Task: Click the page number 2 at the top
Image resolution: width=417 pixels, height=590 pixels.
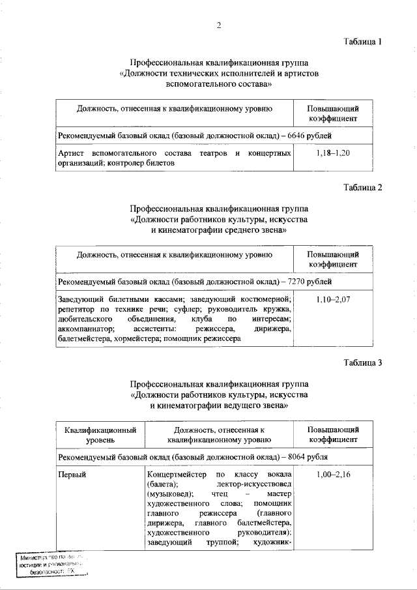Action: click(x=220, y=25)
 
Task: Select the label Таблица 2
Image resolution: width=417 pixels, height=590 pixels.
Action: click(x=362, y=188)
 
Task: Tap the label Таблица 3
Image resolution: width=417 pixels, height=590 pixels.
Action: click(x=362, y=362)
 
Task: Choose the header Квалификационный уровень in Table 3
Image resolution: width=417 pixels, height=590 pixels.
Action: click(x=100, y=435)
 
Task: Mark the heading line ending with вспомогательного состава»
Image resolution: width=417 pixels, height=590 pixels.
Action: click(x=219, y=84)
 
